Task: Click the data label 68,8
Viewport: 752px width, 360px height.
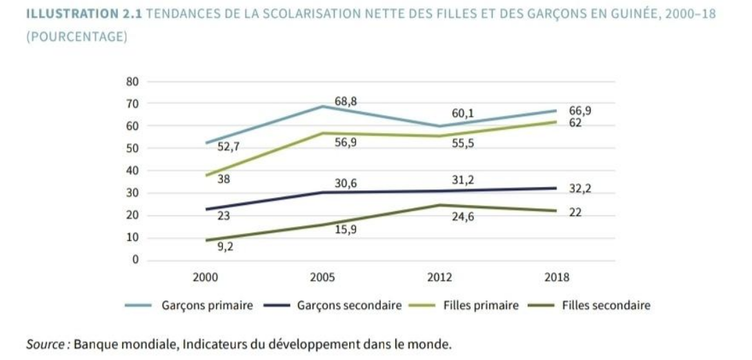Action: pos(346,102)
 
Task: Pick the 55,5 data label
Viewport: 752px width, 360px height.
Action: pos(463,145)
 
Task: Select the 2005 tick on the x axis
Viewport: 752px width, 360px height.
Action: pos(322,277)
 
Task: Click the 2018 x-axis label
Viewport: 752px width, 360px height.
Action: pos(557,277)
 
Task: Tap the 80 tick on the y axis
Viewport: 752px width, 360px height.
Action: pos(132,81)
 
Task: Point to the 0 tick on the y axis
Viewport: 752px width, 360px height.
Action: pos(135,260)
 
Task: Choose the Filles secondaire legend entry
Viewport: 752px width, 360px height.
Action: pos(606,306)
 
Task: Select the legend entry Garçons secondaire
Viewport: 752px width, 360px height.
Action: pos(349,306)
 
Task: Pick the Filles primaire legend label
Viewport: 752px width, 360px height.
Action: pos(481,306)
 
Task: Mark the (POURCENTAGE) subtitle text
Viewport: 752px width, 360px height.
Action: pos(76,37)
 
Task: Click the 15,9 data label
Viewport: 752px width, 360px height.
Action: pos(346,230)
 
